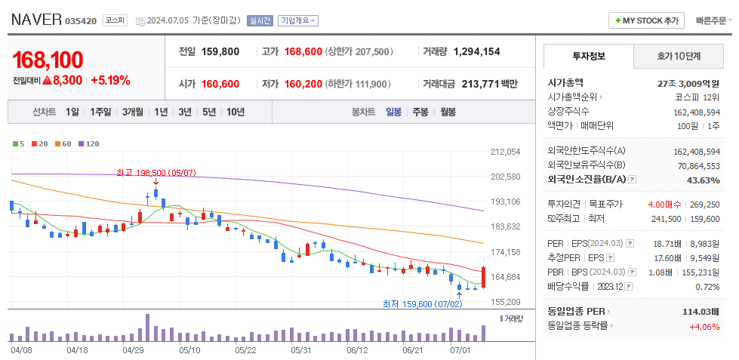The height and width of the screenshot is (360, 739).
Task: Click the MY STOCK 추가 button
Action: click(x=647, y=20)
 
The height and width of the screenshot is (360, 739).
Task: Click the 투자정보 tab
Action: click(x=589, y=57)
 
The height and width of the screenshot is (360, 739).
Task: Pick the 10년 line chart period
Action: click(x=236, y=112)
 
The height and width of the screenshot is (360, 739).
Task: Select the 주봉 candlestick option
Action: click(x=420, y=112)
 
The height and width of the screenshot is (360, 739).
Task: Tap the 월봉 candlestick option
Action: click(x=448, y=112)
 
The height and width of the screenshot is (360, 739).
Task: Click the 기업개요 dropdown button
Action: click(x=298, y=21)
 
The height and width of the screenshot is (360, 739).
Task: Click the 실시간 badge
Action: click(x=260, y=21)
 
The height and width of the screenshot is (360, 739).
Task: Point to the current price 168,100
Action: click(x=48, y=60)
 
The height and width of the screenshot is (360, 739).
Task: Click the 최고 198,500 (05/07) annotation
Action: click(x=156, y=173)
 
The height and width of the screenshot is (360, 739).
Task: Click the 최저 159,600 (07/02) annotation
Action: click(x=422, y=304)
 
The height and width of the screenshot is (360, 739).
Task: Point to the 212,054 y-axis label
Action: click(x=505, y=152)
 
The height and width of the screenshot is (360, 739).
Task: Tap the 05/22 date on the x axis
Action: click(x=246, y=350)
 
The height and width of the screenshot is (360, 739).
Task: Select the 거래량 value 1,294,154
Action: click(x=476, y=51)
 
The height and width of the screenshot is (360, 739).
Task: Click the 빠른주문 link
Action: click(x=710, y=20)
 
